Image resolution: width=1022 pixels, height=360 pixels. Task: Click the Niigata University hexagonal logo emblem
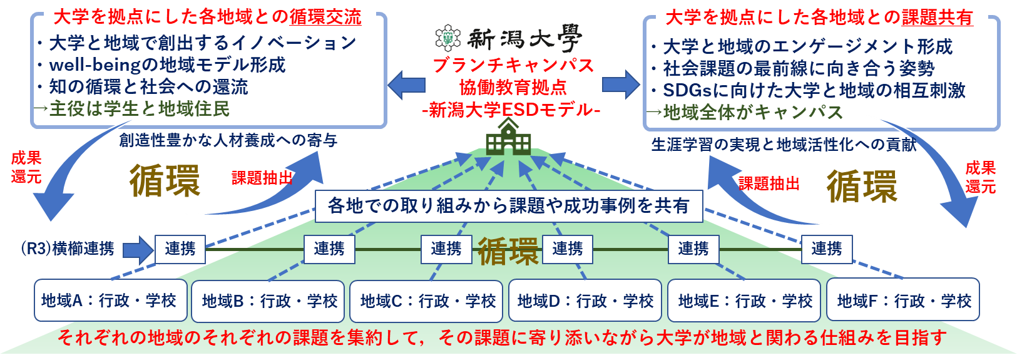448,38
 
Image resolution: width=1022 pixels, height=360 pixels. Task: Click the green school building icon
508,137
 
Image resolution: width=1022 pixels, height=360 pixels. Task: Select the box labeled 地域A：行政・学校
111,301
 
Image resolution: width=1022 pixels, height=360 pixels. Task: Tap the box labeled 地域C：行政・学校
426,301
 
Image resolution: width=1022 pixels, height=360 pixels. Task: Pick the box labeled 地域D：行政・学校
585,301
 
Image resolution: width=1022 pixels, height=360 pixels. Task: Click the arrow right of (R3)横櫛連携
138,250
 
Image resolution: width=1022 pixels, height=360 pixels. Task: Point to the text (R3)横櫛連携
68,249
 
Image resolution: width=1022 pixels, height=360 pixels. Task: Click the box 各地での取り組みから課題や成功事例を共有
509,206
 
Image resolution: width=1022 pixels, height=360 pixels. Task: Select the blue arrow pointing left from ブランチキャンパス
407,85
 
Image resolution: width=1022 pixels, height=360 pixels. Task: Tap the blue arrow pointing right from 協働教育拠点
621,85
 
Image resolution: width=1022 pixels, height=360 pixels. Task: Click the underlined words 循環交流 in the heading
325,18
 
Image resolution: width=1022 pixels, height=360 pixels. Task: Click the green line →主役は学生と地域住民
131,108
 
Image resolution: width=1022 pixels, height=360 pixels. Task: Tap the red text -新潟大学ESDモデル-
511,110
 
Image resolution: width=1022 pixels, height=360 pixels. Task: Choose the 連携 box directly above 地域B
329,249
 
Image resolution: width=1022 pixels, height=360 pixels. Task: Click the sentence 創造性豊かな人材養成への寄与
228,140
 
